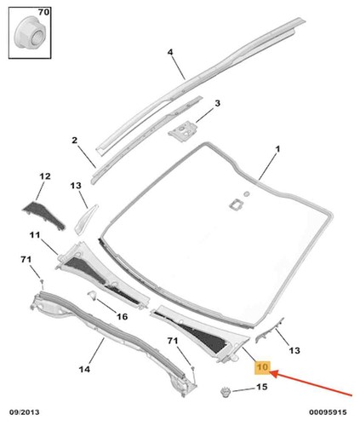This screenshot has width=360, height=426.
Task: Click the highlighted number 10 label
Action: point(262,367)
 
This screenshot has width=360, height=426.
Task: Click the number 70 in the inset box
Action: point(43,12)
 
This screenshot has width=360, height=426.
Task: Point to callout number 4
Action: point(170,52)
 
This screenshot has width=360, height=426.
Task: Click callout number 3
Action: point(217,103)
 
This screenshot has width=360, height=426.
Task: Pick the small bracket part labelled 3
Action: point(183,130)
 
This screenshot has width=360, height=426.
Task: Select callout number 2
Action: point(74,140)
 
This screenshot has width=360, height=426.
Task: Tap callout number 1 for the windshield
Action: point(278,149)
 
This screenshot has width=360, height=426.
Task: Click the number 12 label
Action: point(45,176)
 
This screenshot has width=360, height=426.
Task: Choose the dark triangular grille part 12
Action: point(44,216)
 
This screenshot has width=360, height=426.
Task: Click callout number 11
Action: point(35,235)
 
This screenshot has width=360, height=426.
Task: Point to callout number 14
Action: point(84,369)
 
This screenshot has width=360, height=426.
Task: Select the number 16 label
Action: point(123,316)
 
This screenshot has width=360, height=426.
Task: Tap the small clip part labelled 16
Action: point(92,295)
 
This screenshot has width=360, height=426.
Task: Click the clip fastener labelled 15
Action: point(226,393)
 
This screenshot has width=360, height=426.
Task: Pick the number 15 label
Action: point(262,387)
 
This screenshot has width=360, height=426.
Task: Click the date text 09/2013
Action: point(25,412)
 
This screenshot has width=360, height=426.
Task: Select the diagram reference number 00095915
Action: point(328,412)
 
